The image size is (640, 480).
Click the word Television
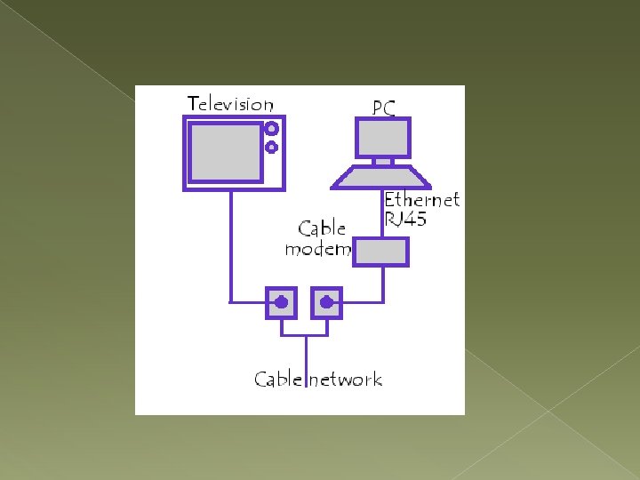point(230,104)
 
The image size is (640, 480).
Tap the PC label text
point(383,108)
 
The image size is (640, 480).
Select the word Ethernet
point(421,200)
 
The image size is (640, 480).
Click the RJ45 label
point(405,219)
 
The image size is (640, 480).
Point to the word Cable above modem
point(322,228)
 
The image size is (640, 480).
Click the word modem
point(317,250)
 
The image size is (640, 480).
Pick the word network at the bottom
point(346,380)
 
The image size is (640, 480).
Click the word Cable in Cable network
point(278,380)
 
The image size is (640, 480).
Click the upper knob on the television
point(272,128)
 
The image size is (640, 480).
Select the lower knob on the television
point(272,147)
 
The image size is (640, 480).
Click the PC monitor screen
point(383,138)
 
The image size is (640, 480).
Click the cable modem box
point(380,252)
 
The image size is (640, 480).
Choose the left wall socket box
point(282,303)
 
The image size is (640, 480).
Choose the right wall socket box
point(326,303)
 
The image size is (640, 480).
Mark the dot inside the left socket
point(282,302)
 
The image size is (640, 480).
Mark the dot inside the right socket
point(326,302)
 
